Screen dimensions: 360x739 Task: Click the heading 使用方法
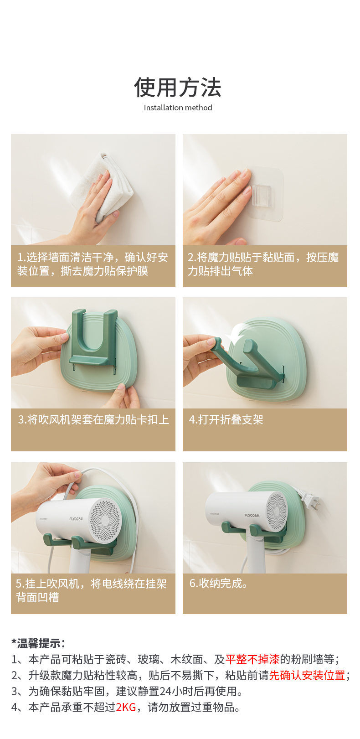pyautogui.click(x=178, y=88)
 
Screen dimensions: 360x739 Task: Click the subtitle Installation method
pyautogui.click(x=178, y=108)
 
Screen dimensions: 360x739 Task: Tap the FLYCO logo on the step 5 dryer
pyautogui.click(x=76, y=519)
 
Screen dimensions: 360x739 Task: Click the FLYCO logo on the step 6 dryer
pyautogui.click(x=252, y=515)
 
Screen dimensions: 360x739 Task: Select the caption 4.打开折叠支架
pyautogui.click(x=226, y=419)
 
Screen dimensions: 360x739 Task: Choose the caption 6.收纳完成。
pyautogui.click(x=219, y=583)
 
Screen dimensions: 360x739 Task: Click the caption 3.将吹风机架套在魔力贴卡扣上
pyautogui.click(x=93, y=419)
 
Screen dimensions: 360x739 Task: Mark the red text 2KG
pyautogui.click(x=126, y=708)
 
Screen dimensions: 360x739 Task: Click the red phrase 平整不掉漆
pyautogui.click(x=252, y=659)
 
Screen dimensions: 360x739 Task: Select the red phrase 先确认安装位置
pyautogui.click(x=307, y=675)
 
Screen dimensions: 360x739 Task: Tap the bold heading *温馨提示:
pyautogui.click(x=38, y=643)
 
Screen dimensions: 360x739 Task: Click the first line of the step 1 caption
pyautogui.click(x=93, y=257)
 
